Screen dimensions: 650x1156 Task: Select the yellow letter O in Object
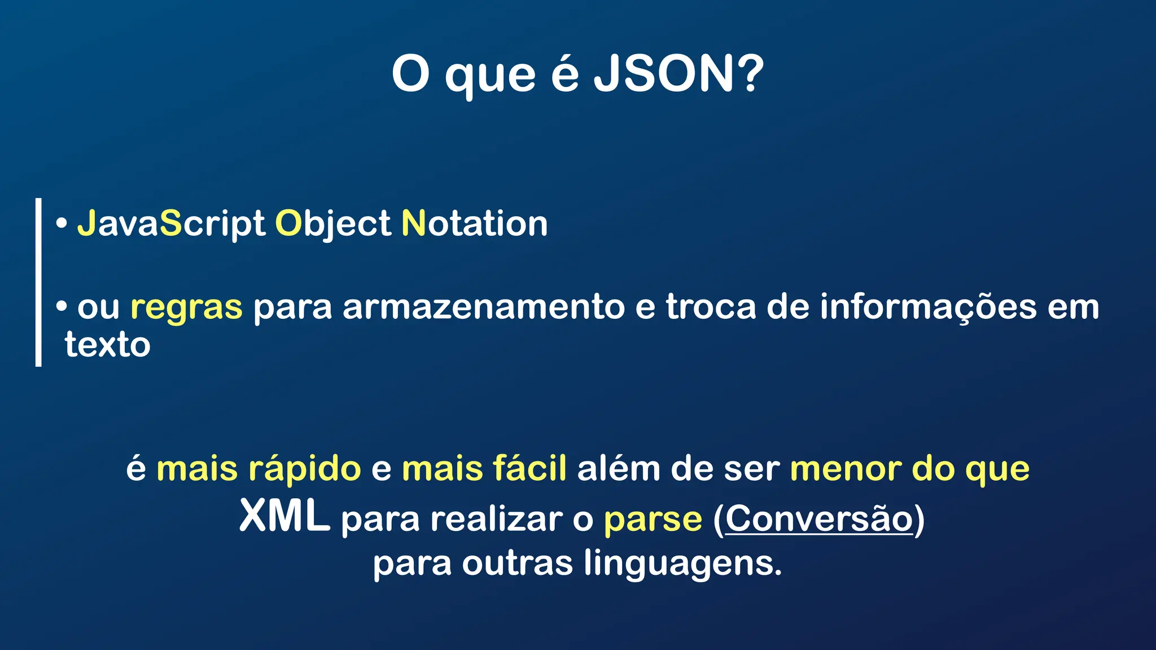[x=288, y=223]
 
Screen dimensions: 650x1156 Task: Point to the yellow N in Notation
[x=413, y=223]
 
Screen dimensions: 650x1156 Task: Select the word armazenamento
[x=483, y=308]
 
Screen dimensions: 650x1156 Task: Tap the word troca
[x=711, y=307]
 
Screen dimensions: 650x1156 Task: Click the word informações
[x=928, y=308]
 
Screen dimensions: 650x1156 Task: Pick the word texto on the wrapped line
[x=107, y=345]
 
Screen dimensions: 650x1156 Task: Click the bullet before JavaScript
[x=62, y=224]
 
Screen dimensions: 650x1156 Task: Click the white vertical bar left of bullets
[x=38, y=282]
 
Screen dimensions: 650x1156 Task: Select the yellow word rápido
[x=304, y=469]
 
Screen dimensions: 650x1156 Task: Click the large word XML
[x=284, y=516]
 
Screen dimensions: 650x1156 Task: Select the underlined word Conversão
[x=818, y=518]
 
